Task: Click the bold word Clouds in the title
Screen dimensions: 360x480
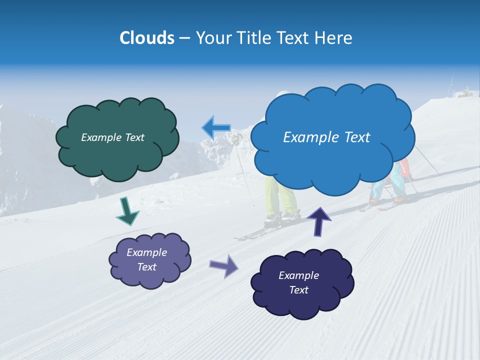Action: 146,38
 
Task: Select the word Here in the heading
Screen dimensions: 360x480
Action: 334,38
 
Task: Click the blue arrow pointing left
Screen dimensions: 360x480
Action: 216,127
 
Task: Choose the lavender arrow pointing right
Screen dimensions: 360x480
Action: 223,265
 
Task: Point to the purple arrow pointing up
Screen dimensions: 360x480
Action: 318,220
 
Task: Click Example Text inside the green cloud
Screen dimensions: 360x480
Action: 112,137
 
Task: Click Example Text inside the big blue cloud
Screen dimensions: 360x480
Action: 326,137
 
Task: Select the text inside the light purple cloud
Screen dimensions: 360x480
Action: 146,259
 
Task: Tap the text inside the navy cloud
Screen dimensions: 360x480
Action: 298,282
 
